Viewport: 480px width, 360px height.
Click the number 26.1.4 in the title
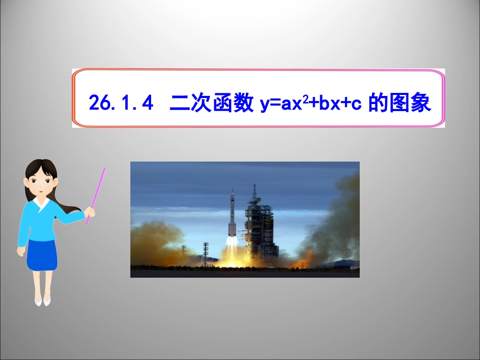(x=120, y=104)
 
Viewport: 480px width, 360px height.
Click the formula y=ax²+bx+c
(x=310, y=104)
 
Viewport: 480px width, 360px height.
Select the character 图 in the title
(x=400, y=103)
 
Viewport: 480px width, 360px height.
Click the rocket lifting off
(x=232, y=217)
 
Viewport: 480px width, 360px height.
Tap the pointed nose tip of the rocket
(x=232, y=190)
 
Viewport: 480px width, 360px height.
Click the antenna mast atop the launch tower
(x=255, y=191)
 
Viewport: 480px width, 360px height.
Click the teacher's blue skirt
(x=41, y=255)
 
